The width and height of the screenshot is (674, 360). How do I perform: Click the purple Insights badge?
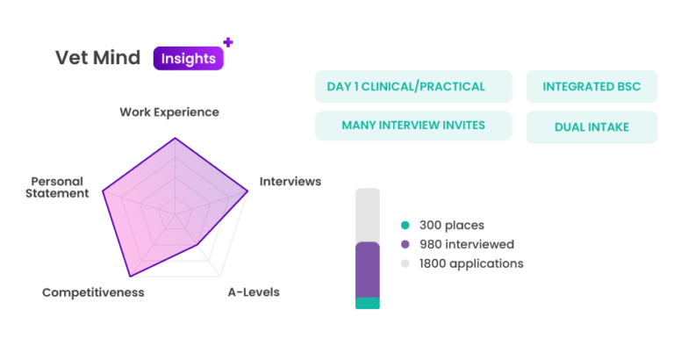(x=189, y=58)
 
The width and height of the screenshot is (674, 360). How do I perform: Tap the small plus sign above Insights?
(x=228, y=40)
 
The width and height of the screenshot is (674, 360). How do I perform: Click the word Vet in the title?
(x=70, y=58)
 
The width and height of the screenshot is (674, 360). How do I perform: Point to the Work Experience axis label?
(x=169, y=112)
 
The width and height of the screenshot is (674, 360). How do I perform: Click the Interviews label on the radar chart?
(x=290, y=182)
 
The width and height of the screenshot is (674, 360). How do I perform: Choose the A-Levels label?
(x=254, y=292)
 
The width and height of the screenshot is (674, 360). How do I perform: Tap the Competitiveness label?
(x=93, y=292)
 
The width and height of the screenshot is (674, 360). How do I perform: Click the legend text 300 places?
(x=452, y=226)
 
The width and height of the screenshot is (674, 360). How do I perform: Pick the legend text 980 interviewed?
(x=466, y=244)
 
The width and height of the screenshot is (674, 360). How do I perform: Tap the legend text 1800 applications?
(x=471, y=263)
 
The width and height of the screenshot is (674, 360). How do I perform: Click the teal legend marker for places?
(x=405, y=226)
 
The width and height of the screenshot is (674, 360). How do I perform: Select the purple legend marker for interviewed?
(x=405, y=244)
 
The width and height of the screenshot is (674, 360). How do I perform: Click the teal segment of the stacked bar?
(x=367, y=304)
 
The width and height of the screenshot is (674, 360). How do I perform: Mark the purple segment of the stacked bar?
(x=367, y=270)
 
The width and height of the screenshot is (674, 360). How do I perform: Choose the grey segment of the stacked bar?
(x=367, y=213)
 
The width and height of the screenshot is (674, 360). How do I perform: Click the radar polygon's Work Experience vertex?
(x=176, y=137)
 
